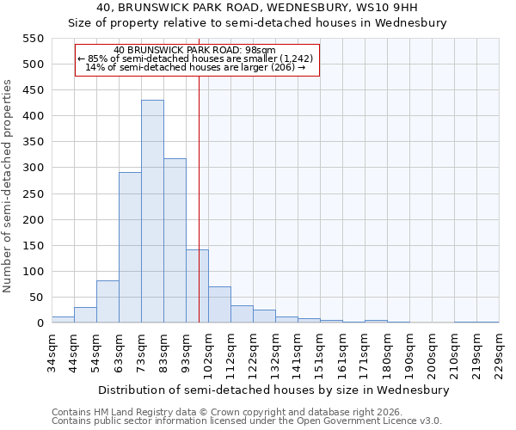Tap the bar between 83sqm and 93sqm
(x=175, y=241)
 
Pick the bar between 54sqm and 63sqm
(x=107, y=302)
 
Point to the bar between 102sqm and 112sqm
(x=219, y=304)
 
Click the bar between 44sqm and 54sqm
(x=85, y=315)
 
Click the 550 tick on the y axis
(x=32, y=39)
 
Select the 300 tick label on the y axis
(x=32, y=168)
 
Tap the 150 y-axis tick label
(x=32, y=246)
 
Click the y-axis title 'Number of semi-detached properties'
(x=9, y=186)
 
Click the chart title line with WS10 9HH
(x=257, y=8)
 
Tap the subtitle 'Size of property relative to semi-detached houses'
(x=257, y=23)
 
